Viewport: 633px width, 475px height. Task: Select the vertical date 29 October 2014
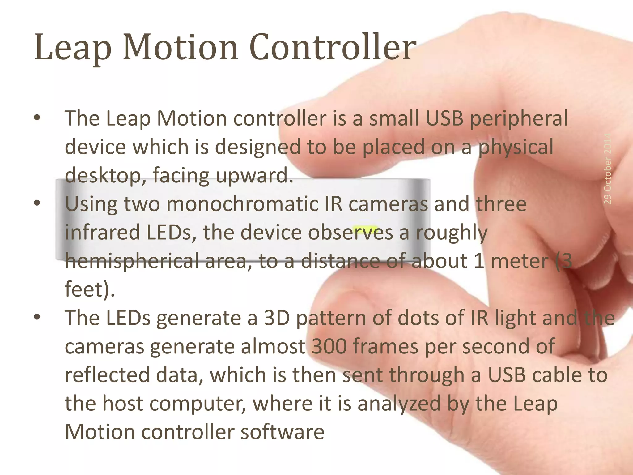607,169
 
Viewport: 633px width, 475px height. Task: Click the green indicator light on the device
365,229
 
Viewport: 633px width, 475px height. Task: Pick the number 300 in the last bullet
329,346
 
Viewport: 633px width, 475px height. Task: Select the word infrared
102,233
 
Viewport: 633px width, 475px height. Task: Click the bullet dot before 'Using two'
37,203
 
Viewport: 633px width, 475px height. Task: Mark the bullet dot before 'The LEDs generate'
37,317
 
